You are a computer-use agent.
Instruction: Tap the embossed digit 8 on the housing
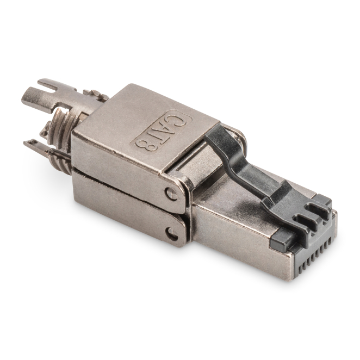pos(145,145)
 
